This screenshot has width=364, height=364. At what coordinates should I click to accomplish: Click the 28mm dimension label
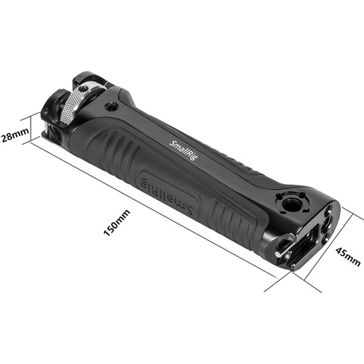point(15,135)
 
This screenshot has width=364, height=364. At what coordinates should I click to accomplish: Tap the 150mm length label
point(116,223)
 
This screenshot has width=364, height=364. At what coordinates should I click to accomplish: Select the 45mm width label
point(348,257)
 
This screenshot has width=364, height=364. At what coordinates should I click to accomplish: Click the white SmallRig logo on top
point(183,150)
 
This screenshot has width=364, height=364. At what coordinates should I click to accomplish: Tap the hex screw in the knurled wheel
point(84,88)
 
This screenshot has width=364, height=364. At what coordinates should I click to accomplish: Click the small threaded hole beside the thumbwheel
point(111,106)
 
